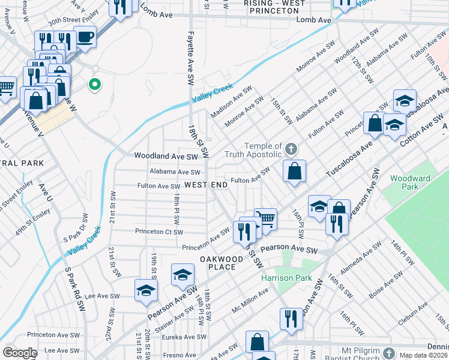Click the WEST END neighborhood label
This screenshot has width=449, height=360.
pos(206,185)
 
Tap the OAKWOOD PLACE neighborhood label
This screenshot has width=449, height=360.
pos(221,263)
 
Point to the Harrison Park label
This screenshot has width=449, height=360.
pos(278,278)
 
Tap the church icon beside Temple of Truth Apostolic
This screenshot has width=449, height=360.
pos(291,149)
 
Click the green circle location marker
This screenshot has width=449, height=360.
pos(94,85)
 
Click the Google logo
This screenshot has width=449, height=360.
pos(20,353)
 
